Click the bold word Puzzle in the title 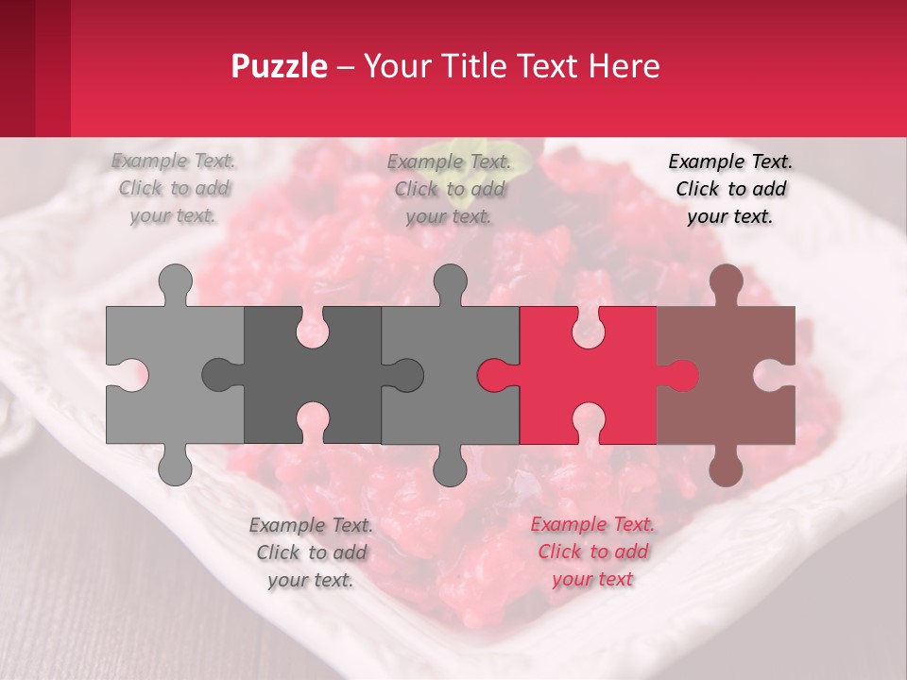280,66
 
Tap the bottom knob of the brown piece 726,467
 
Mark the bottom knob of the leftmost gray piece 175,467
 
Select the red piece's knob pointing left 494,375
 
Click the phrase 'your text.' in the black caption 730,216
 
